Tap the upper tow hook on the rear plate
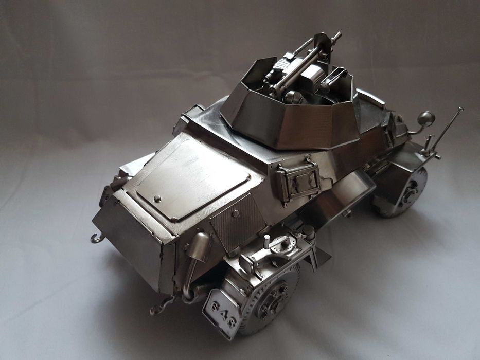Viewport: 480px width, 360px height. tap(96, 238)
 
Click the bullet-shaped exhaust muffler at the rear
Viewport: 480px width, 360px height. tap(198, 246)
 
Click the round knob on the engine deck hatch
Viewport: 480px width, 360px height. tap(157, 197)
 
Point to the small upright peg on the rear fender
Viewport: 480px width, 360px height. tap(266, 241)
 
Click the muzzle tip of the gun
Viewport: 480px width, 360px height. tap(337, 36)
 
